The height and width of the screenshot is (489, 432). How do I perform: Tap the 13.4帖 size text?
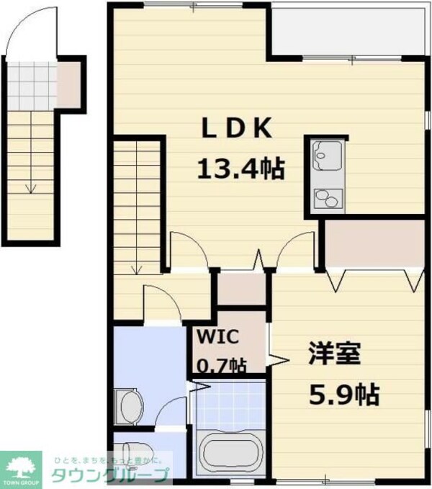(240, 171)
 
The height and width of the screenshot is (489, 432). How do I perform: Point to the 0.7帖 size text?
(221, 366)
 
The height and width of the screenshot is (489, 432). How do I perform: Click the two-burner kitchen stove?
(328, 197)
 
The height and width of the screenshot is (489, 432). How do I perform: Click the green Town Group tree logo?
(22, 465)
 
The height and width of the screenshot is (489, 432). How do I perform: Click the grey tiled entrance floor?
(32, 83)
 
